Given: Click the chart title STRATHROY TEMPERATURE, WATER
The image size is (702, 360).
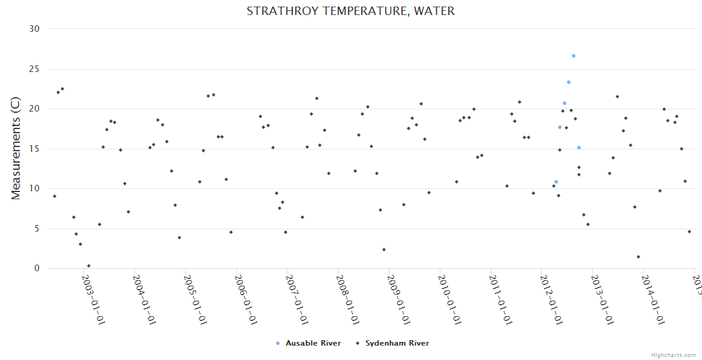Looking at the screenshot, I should [x=350, y=11].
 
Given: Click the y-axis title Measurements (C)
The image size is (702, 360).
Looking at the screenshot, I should [x=16, y=149].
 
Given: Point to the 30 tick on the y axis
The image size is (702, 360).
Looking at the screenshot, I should [x=34, y=29].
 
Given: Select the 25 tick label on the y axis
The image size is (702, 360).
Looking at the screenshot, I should [x=34, y=69].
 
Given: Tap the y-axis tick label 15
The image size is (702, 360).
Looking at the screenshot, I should [x=34, y=149].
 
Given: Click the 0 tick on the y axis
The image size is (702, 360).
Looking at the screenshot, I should [x=37, y=269].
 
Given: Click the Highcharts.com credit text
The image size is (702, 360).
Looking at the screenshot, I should [x=673, y=355].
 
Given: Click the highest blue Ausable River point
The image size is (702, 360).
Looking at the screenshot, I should [x=574, y=56].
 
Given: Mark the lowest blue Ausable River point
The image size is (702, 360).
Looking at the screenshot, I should [x=556, y=182].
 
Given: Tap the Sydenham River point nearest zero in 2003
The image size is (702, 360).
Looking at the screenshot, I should [x=89, y=266].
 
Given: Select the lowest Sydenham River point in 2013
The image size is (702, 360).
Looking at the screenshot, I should [x=638, y=257].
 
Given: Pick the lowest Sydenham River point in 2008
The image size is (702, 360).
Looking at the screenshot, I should [x=384, y=250].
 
